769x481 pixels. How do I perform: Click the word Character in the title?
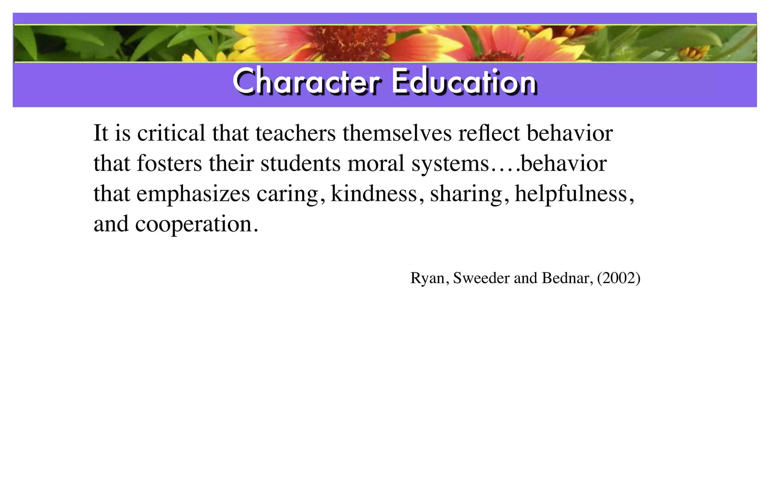tap(306, 82)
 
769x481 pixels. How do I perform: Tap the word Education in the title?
tap(464, 82)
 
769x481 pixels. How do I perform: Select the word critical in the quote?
tap(171, 133)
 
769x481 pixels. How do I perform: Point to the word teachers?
tap(296, 133)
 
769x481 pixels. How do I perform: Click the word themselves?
tap(397, 133)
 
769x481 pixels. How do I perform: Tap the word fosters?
tap(169, 163)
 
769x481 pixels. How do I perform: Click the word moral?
tap(376, 163)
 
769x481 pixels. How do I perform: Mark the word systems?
tap(450, 164)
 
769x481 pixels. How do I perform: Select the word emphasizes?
tap(193, 194)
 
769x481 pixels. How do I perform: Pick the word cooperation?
tap(193, 225)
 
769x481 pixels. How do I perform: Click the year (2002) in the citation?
tap(618, 278)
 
